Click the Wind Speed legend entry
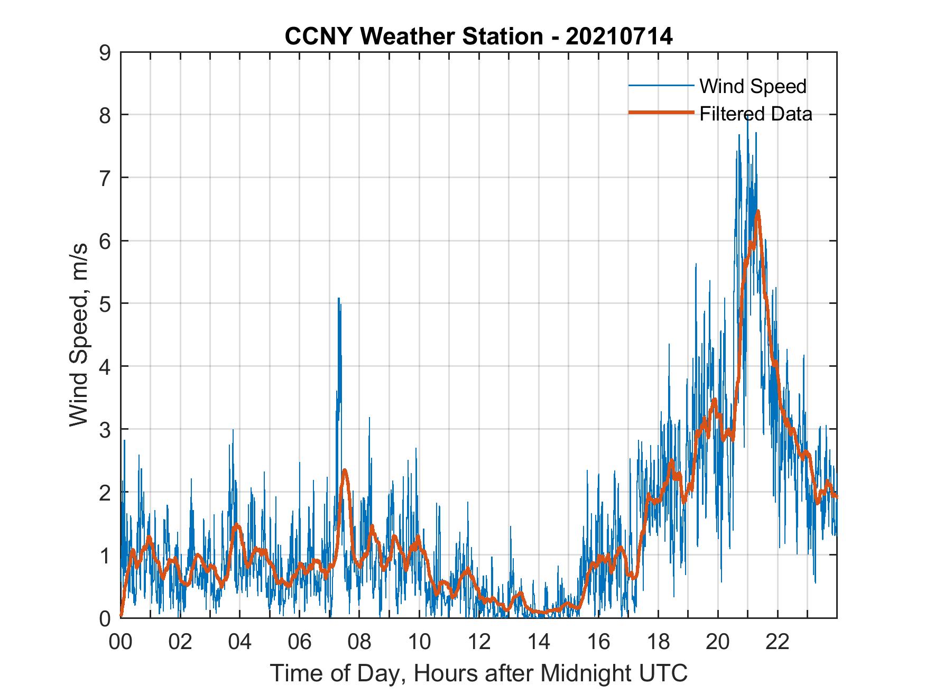point(753,86)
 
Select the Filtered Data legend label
point(755,114)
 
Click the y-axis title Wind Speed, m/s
point(79,335)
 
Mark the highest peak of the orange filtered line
point(757,211)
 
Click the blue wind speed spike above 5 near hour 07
point(339,299)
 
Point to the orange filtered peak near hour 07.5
point(345,470)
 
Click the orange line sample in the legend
point(661,112)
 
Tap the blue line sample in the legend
point(661,85)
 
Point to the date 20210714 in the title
point(619,36)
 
